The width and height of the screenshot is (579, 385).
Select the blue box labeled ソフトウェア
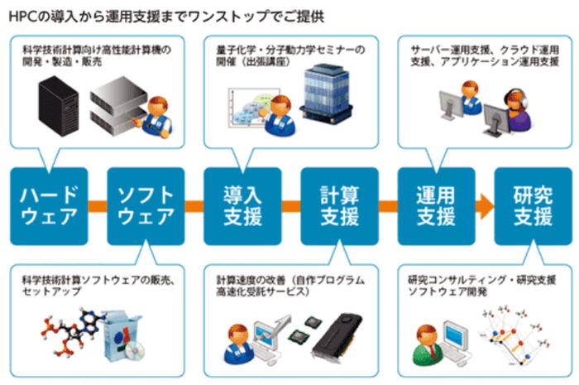(x=146, y=206)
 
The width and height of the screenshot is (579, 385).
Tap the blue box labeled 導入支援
(x=242, y=206)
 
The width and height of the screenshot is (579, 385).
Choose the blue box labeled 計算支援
(x=338, y=206)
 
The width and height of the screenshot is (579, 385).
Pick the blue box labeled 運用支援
(x=436, y=206)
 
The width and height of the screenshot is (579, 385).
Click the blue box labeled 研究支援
(x=533, y=206)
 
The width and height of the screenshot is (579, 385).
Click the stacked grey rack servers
(x=116, y=103)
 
